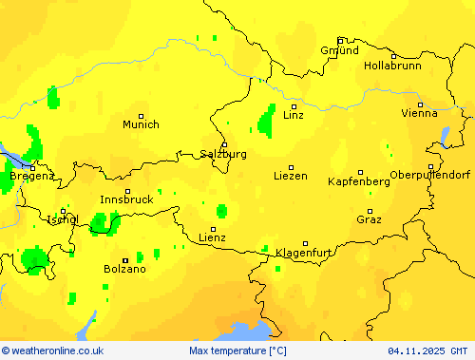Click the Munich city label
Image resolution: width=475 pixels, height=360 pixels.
[x=141, y=124]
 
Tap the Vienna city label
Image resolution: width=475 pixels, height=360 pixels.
[x=419, y=113]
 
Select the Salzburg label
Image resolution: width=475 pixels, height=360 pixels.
[x=224, y=154]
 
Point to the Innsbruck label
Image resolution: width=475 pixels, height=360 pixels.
[x=126, y=199]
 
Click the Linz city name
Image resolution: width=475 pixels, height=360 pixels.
[x=294, y=115]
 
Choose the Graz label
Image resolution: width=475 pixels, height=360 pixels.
[x=370, y=219]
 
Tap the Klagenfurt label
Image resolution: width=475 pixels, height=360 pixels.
[x=304, y=253]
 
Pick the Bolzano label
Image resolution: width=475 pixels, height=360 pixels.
[x=124, y=269]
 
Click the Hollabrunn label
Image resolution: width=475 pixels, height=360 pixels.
[x=392, y=66]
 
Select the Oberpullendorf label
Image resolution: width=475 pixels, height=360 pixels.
[x=429, y=175]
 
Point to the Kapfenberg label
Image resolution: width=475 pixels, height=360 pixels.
[x=359, y=180]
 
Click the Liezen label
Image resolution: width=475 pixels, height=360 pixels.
[x=290, y=176]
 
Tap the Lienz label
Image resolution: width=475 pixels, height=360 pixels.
[x=212, y=237]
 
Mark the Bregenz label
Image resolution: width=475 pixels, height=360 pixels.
[x=31, y=176]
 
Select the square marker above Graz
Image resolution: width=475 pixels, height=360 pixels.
[x=371, y=210]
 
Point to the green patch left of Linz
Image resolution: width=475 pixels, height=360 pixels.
[x=266, y=120]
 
